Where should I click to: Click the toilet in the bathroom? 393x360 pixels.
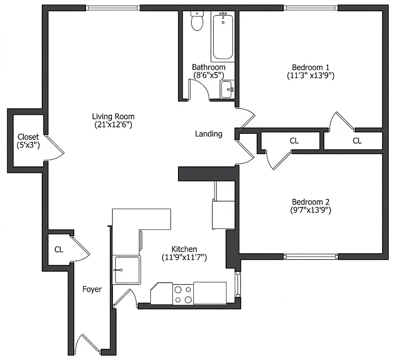[x=197, y=22]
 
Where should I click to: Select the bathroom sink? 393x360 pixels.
[x=227, y=89]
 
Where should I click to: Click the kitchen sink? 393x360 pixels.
[x=127, y=270]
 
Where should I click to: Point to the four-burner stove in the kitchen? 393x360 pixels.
[x=183, y=294]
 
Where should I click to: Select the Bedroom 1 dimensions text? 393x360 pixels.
[x=311, y=76]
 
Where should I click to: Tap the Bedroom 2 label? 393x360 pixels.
[x=311, y=202]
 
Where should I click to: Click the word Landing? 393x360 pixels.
[x=208, y=134]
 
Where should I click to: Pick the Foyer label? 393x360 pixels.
[x=92, y=289]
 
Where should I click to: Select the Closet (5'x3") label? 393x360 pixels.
[x=28, y=140]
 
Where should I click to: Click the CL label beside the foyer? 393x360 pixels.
[x=58, y=249]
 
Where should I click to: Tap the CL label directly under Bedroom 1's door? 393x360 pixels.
[x=357, y=141]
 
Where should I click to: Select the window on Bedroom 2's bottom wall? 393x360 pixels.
[x=311, y=256]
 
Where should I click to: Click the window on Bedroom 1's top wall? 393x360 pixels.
[x=311, y=8]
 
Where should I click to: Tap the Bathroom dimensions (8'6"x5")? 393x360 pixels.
[x=208, y=76]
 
